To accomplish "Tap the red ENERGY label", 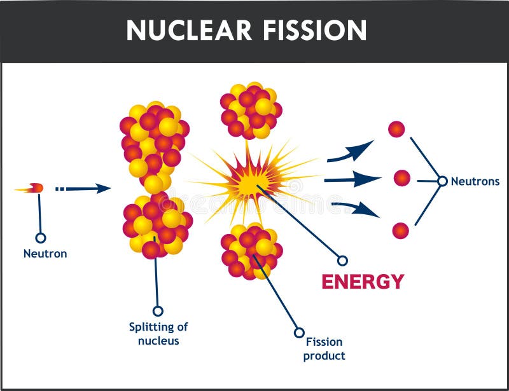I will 362,281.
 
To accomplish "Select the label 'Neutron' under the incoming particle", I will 45,254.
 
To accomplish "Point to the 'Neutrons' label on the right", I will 475,181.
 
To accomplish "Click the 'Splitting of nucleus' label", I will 158,334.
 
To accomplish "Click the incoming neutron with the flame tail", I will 35,188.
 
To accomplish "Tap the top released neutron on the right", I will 396,129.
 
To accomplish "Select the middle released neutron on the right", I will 401,179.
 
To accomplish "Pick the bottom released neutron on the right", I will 400,230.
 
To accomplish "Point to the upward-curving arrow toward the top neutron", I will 350,151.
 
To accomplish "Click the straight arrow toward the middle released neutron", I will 352,179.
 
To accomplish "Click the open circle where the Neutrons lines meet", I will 442,181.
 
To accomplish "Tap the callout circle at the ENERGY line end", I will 342,260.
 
